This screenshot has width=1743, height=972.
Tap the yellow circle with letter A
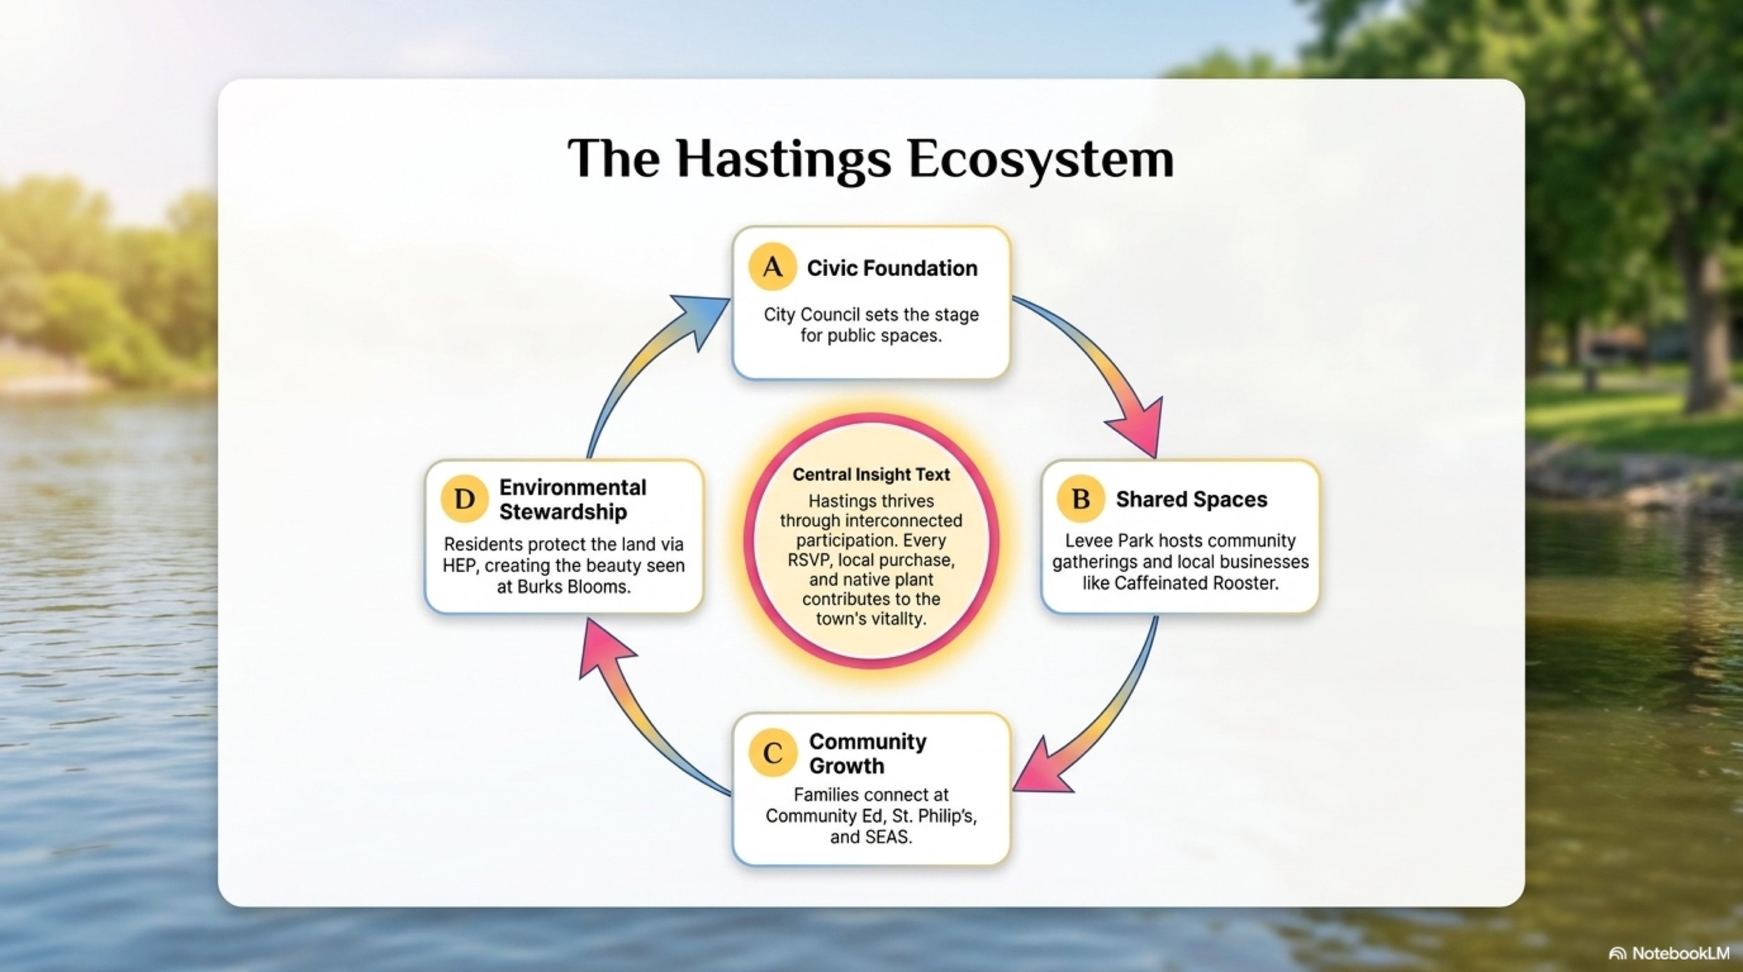[772, 267]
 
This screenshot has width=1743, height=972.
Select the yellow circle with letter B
[1081, 499]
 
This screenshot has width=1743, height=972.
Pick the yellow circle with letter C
[772, 753]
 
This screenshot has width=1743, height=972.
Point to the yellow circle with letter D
[464, 499]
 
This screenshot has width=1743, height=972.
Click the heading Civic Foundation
[892, 268]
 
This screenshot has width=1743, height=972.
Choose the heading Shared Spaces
[1192, 500]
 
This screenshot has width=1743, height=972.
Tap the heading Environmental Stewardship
[572, 500]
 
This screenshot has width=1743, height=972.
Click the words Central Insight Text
[871, 475]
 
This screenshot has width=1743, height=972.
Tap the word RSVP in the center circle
[809, 560]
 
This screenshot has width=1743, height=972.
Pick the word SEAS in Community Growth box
[888, 837]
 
